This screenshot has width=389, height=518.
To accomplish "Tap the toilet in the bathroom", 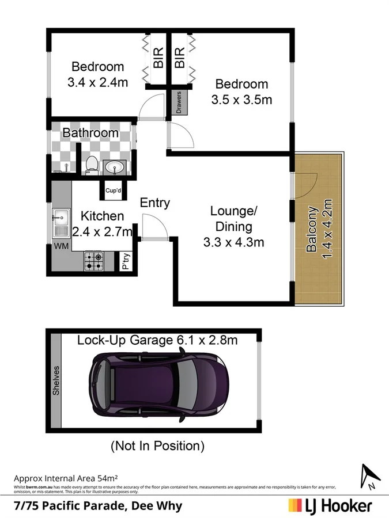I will [89, 165].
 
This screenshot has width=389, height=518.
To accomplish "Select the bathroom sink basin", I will [115, 167].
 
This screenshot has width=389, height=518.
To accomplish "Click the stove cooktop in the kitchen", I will [94, 261].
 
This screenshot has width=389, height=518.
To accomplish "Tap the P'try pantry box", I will [126, 262].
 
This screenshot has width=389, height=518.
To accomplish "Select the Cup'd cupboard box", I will [113, 190].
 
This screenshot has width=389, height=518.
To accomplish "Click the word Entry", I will [155, 203].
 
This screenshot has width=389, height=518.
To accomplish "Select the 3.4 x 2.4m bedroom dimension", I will [97, 82].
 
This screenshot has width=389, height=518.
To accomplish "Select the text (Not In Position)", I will [157, 445].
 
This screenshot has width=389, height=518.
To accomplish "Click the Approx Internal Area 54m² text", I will [66, 478].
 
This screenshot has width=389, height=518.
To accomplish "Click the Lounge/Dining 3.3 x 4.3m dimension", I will [233, 242].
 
